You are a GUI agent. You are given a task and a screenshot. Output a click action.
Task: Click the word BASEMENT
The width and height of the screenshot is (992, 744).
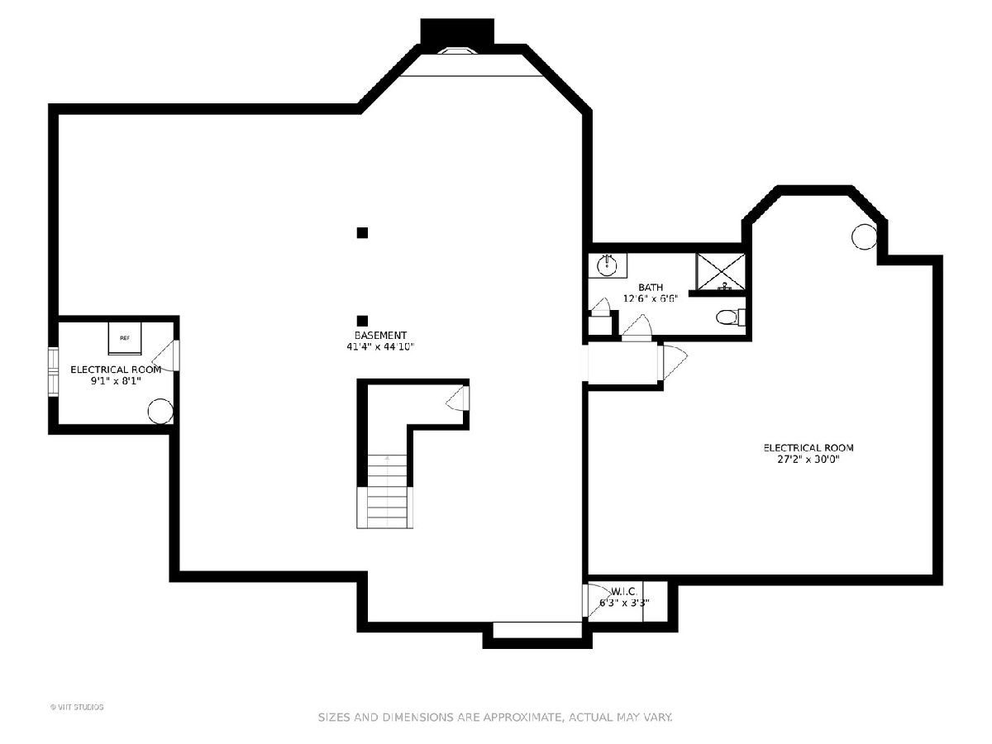[380, 335]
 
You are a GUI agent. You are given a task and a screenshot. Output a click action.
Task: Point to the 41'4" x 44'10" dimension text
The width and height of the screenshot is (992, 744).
[380, 347]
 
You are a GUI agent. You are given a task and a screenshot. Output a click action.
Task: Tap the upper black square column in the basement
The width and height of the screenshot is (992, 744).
[362, 233]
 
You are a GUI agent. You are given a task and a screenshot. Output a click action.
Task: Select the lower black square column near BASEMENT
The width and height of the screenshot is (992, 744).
[362, 321]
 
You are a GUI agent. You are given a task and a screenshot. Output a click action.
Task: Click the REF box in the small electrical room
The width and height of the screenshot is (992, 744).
[125, 338]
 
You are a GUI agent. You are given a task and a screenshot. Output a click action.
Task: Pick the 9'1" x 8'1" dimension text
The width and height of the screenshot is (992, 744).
[116, 382]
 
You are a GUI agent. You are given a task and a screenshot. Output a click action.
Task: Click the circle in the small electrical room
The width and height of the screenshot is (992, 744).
[160, 411]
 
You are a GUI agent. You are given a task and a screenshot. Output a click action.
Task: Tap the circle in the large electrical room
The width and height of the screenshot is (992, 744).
[863, 237]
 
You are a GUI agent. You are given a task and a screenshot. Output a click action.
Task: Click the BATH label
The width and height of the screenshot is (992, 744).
[651, 287]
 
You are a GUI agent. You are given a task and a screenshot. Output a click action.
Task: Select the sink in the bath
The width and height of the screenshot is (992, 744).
[607, 264]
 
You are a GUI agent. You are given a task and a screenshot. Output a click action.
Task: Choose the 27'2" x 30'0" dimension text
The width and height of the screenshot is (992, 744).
[808, 459]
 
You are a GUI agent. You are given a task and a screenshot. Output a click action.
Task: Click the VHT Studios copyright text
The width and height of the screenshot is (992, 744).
[77, 707]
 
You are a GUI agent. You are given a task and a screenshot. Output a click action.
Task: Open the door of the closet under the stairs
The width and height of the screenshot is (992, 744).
[457, 401]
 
